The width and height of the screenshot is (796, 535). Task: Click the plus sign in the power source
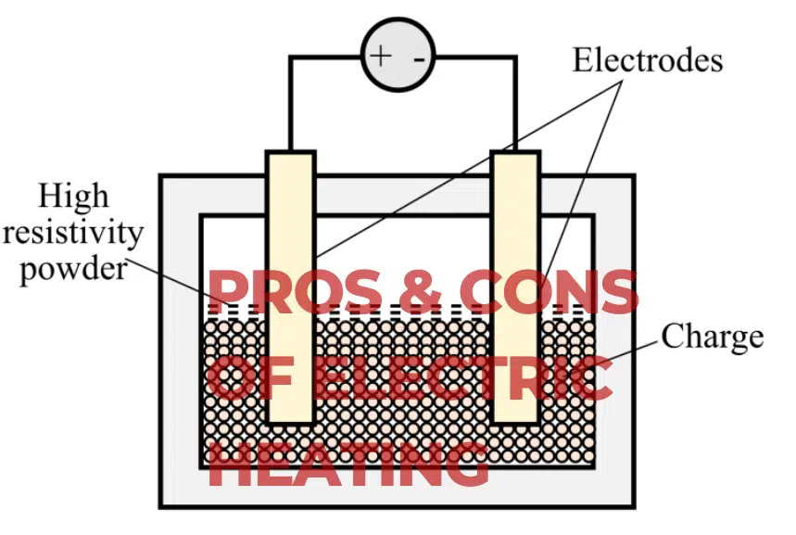(x=380, y=55)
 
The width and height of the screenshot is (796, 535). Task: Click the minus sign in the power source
(x=420, y=57)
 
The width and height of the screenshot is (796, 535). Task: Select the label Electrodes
(x=647, y=60)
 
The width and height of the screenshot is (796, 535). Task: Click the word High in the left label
(x=73, y=197)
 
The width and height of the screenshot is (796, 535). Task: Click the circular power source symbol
(x=398, y=56)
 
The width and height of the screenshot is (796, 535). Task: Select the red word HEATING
(x=347, y=463)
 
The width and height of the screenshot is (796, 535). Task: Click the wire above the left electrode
(x=290, y=102)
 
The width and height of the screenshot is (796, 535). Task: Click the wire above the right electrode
(x=515, y=102)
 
